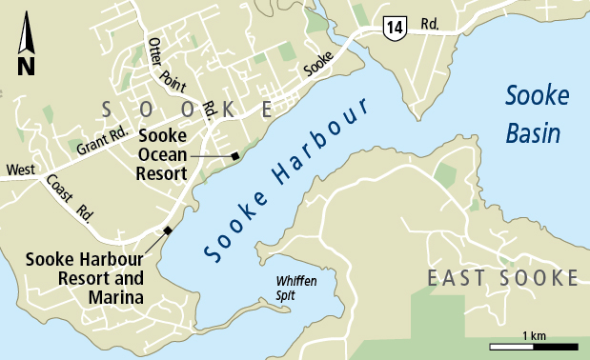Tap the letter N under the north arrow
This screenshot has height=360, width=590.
[26, 66]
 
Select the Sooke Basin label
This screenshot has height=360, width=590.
[538, 114]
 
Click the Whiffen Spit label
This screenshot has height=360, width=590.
[295, 288]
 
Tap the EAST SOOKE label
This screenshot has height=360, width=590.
[502, 278]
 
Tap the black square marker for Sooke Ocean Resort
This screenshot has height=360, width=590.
[234, 156]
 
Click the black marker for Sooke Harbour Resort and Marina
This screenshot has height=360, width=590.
[168, 230]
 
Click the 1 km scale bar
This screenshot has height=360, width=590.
[534, 345]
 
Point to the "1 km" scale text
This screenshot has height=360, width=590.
[534, 334]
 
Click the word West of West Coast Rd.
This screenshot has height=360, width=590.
[21, 171]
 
